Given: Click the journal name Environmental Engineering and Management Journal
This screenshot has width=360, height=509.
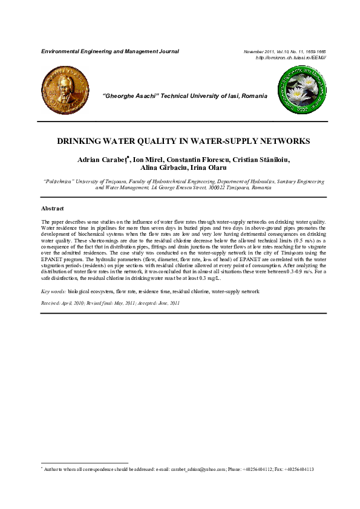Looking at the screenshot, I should (110, 51).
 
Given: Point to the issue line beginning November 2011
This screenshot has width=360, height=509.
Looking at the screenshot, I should (284, 51).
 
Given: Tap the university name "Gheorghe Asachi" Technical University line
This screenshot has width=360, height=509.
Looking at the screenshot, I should (185, 97).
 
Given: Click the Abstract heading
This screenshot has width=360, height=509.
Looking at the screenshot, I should (52, 208).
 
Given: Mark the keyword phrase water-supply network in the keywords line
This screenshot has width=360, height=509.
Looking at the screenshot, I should (235, 291).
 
